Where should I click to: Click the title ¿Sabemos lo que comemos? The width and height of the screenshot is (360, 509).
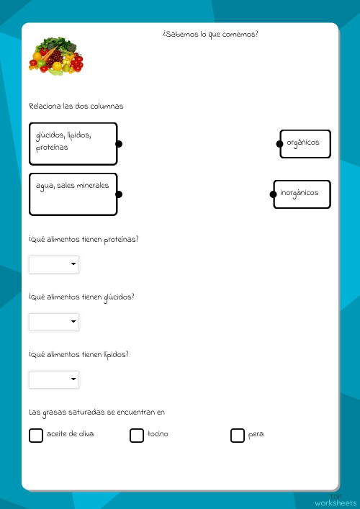pos(210,34)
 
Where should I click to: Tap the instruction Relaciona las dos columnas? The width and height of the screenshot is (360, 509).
pos(76,106)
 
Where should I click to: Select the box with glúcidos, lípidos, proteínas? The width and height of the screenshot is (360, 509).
pos(72,143)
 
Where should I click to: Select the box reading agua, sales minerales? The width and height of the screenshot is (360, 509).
pos(72,194)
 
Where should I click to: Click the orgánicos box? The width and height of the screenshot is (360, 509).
pos(305,143)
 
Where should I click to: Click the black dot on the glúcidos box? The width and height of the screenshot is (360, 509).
pos(119,144)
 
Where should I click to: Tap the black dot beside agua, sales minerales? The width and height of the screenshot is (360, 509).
pos(119,194)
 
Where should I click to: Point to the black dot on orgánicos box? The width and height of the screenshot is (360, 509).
pos(280,144)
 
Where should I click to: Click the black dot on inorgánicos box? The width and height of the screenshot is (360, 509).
pos(274,194)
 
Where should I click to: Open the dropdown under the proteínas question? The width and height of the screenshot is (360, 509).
pos(54,264)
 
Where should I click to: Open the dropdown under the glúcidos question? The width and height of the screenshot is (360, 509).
pos(54,322)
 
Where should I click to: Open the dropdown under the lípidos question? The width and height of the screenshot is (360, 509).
pos(54,379)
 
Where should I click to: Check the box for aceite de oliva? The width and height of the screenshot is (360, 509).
pos(36,435)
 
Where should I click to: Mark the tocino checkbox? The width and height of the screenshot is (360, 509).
pos(137,435)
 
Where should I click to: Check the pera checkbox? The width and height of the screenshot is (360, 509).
pos(238,435)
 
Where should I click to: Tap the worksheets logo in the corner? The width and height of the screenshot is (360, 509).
pos(335,500)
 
